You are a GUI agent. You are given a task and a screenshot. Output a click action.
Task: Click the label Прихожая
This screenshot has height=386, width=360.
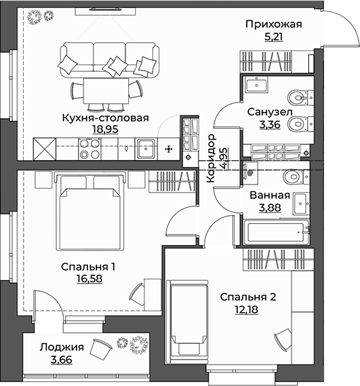click(273, 25)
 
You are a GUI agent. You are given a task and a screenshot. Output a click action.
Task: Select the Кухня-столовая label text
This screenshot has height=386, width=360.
click(106, 116)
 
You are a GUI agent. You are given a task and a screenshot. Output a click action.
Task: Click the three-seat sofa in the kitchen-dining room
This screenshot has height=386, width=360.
click(108, 58)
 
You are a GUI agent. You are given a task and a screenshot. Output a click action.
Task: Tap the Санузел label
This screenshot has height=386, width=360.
click(269, 112)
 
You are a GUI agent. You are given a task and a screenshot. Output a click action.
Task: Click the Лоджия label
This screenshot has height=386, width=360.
click(62, 347)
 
